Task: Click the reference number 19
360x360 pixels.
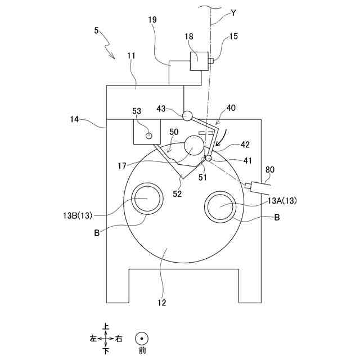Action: (x=153, y=20)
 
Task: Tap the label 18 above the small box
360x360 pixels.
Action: (x=188, y=36)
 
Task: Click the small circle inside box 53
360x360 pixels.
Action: (x=149, y=135)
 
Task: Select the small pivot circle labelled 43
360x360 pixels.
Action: (x=187, y=115)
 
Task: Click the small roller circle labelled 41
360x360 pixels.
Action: (x=208, y=158)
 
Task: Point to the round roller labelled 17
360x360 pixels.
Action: (x=193, y=146)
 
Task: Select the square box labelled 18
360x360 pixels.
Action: (x=198, y=61)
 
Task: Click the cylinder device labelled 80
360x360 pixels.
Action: (x=259, y=185)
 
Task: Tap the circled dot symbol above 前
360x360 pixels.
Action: (x=142, y=339)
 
